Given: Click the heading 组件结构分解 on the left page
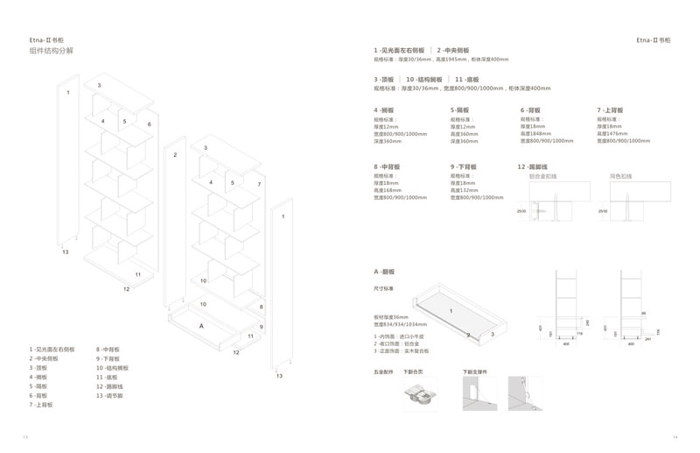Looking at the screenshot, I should pos(52,52).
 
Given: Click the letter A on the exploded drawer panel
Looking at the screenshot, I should pos(202,325).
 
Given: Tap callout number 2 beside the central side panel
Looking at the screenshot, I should pos(175,154).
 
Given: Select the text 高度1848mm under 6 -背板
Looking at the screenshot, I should pos(537,133).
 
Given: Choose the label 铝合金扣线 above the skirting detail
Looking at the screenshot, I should pos(543,175).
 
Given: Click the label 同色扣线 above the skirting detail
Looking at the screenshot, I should pos(620,175).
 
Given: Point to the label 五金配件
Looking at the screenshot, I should pos(384,372).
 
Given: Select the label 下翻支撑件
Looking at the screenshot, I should pos(475,372).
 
